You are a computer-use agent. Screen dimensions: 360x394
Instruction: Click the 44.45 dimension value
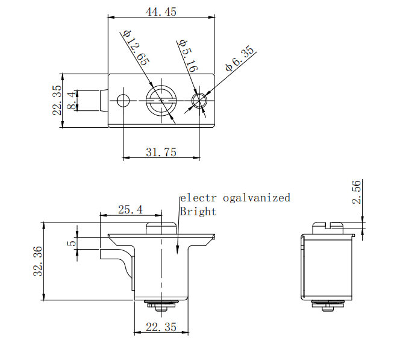click(x=161, y=11)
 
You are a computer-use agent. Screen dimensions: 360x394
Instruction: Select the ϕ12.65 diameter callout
click(x=136, y=48)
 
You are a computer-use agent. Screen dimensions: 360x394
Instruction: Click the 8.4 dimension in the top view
click(x=72, y=100)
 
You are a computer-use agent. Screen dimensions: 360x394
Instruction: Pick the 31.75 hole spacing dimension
click(x=161, y=153)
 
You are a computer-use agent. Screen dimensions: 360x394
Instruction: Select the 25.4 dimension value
click(x=130, y=210)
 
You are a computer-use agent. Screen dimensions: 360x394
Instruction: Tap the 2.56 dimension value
click(x=357, y=192)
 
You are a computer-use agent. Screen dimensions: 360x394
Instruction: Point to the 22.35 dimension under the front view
click(x=161, y=327)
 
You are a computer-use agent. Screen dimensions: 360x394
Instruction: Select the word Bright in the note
click(x=198, y=212)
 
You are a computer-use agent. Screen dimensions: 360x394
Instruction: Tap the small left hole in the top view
click(x=124, y=100)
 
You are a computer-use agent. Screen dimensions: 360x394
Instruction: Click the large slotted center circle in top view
click(x=161, y=100)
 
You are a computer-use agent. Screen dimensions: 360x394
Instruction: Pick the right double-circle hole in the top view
click(x=199, y=100)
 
